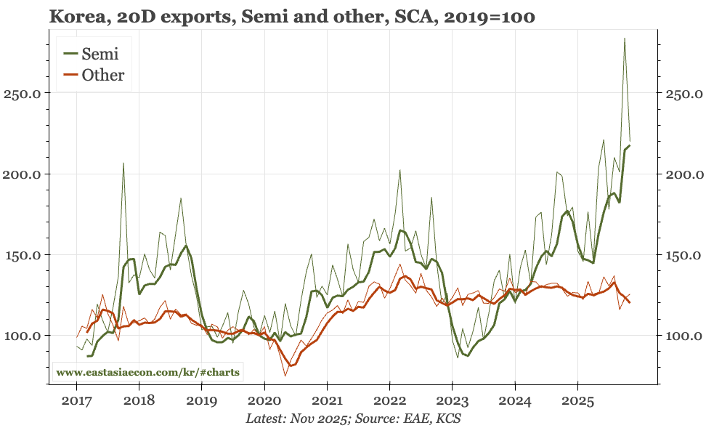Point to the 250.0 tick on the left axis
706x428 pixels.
pyautogui.click(x=26, y=94)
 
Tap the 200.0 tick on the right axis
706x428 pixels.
pyautogui.click(x=680, y=174)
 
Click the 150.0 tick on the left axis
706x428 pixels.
pyautogui.click(x=26, y=255)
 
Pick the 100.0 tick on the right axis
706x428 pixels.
pyautogui.click(x=680, y=336)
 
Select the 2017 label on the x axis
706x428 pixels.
pyautogui.click(x=76, y=400)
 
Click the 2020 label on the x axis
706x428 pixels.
pyautogui.click(x=264, y=400)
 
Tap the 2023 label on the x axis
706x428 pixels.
pyautogui.click(x=453, y=400)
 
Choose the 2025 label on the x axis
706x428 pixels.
pyautogui.click(x=577, y=400)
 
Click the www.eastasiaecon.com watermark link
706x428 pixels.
pyautogui.click(x=148, y=372)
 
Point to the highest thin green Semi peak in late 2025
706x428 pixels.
pyautogui.click(x=625, y=39)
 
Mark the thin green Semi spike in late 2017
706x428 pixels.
pyautogui.click(x=123, y=163)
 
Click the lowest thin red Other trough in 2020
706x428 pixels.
pyautogui.click(x=285, y=376)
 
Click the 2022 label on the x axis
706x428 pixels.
pyautogui.click(x=390, y=400)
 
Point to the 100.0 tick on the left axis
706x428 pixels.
pyautogui.click(x=26, y=336)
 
